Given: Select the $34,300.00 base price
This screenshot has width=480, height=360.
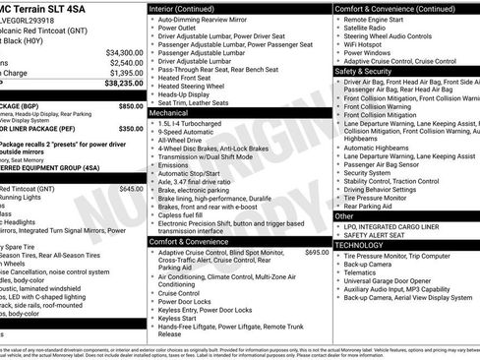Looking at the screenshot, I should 124,52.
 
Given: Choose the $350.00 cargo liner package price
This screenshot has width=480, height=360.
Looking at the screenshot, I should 131,129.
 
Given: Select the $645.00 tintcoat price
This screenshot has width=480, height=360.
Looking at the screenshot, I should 131,189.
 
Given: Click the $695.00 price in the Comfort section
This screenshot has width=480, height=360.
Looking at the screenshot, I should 317,253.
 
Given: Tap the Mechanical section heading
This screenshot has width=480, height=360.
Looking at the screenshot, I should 169,113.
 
